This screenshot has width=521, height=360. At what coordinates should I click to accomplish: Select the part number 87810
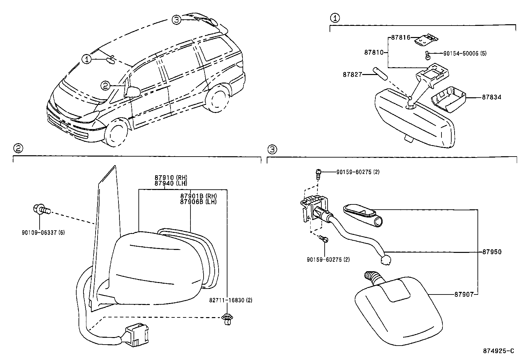[373, 52]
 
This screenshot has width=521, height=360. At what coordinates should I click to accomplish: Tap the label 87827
[352, 75]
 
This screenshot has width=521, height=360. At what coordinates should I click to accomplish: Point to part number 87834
[491, 97]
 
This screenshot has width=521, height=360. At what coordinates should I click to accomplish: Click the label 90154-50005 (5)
[465, 53]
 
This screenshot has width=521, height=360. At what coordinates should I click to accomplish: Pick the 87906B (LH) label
[198, 202]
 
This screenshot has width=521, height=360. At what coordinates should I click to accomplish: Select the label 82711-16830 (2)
[231, 300]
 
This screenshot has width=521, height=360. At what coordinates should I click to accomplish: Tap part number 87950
[492, 252]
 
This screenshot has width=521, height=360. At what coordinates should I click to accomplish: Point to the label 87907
[464, 294]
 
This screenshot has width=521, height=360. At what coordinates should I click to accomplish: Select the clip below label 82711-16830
[226, 319]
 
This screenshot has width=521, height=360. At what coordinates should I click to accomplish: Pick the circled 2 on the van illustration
[105, 86]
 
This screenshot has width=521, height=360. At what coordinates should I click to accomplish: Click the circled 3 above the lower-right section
[272, 149]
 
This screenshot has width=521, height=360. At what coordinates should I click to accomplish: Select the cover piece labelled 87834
[446, 99]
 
